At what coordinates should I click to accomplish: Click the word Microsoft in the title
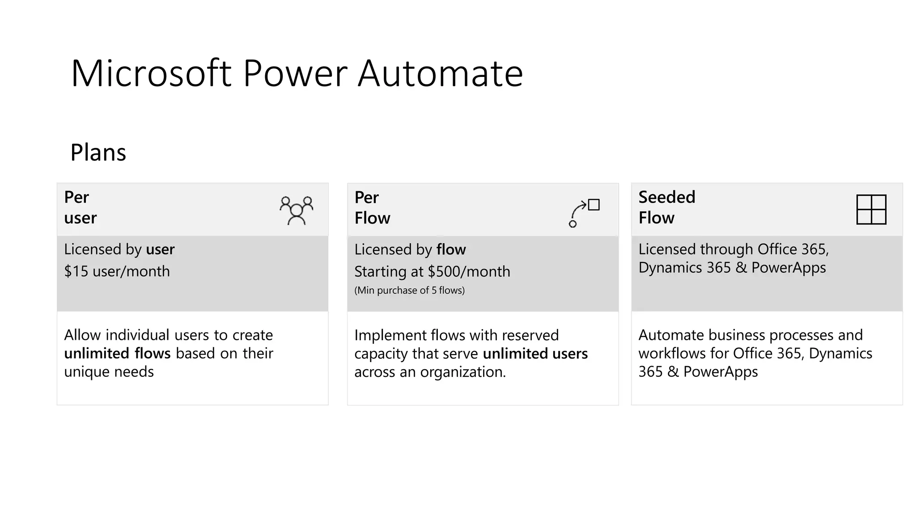(151, 73)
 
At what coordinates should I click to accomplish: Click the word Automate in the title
(440, 73)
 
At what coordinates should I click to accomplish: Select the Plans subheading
(98, 152)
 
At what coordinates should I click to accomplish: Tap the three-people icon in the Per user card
(296, 210)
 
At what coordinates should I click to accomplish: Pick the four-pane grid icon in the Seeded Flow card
(871, 209)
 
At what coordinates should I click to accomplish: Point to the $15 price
(76, 271)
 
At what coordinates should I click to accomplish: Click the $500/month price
(469, 272)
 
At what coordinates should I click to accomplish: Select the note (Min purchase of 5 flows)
(409, 291)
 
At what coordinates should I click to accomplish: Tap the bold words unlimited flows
(117, 354)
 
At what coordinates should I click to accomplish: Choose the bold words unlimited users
(535, 354)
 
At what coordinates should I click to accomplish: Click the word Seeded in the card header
(666, 197)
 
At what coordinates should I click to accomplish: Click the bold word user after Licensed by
(160, 249)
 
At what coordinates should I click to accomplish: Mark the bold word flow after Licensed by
(451, 249)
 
